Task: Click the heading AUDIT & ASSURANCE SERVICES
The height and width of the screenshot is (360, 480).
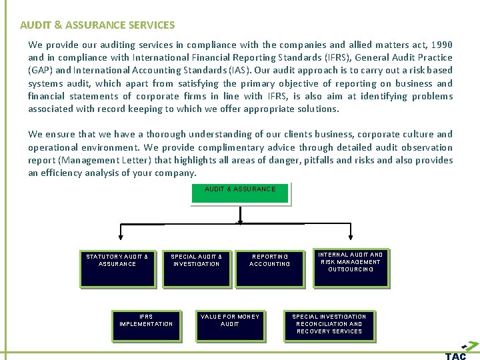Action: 97,25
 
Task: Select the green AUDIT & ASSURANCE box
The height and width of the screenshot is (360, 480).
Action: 240,192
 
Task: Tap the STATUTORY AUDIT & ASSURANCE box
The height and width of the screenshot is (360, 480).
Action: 117,267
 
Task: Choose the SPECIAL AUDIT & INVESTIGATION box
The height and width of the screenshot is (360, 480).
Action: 197,267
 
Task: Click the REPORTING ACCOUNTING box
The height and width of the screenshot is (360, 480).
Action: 270,267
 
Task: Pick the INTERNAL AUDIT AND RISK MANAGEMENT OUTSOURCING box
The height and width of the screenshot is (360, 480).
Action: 350,267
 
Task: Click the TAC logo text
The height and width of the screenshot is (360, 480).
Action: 456,355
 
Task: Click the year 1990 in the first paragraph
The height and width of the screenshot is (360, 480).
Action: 441,45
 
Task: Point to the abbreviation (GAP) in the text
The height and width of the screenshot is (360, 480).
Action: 41,70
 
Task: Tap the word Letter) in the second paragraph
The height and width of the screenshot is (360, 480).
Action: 174,160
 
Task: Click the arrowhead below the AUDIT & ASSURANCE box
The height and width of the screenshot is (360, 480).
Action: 240,221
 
